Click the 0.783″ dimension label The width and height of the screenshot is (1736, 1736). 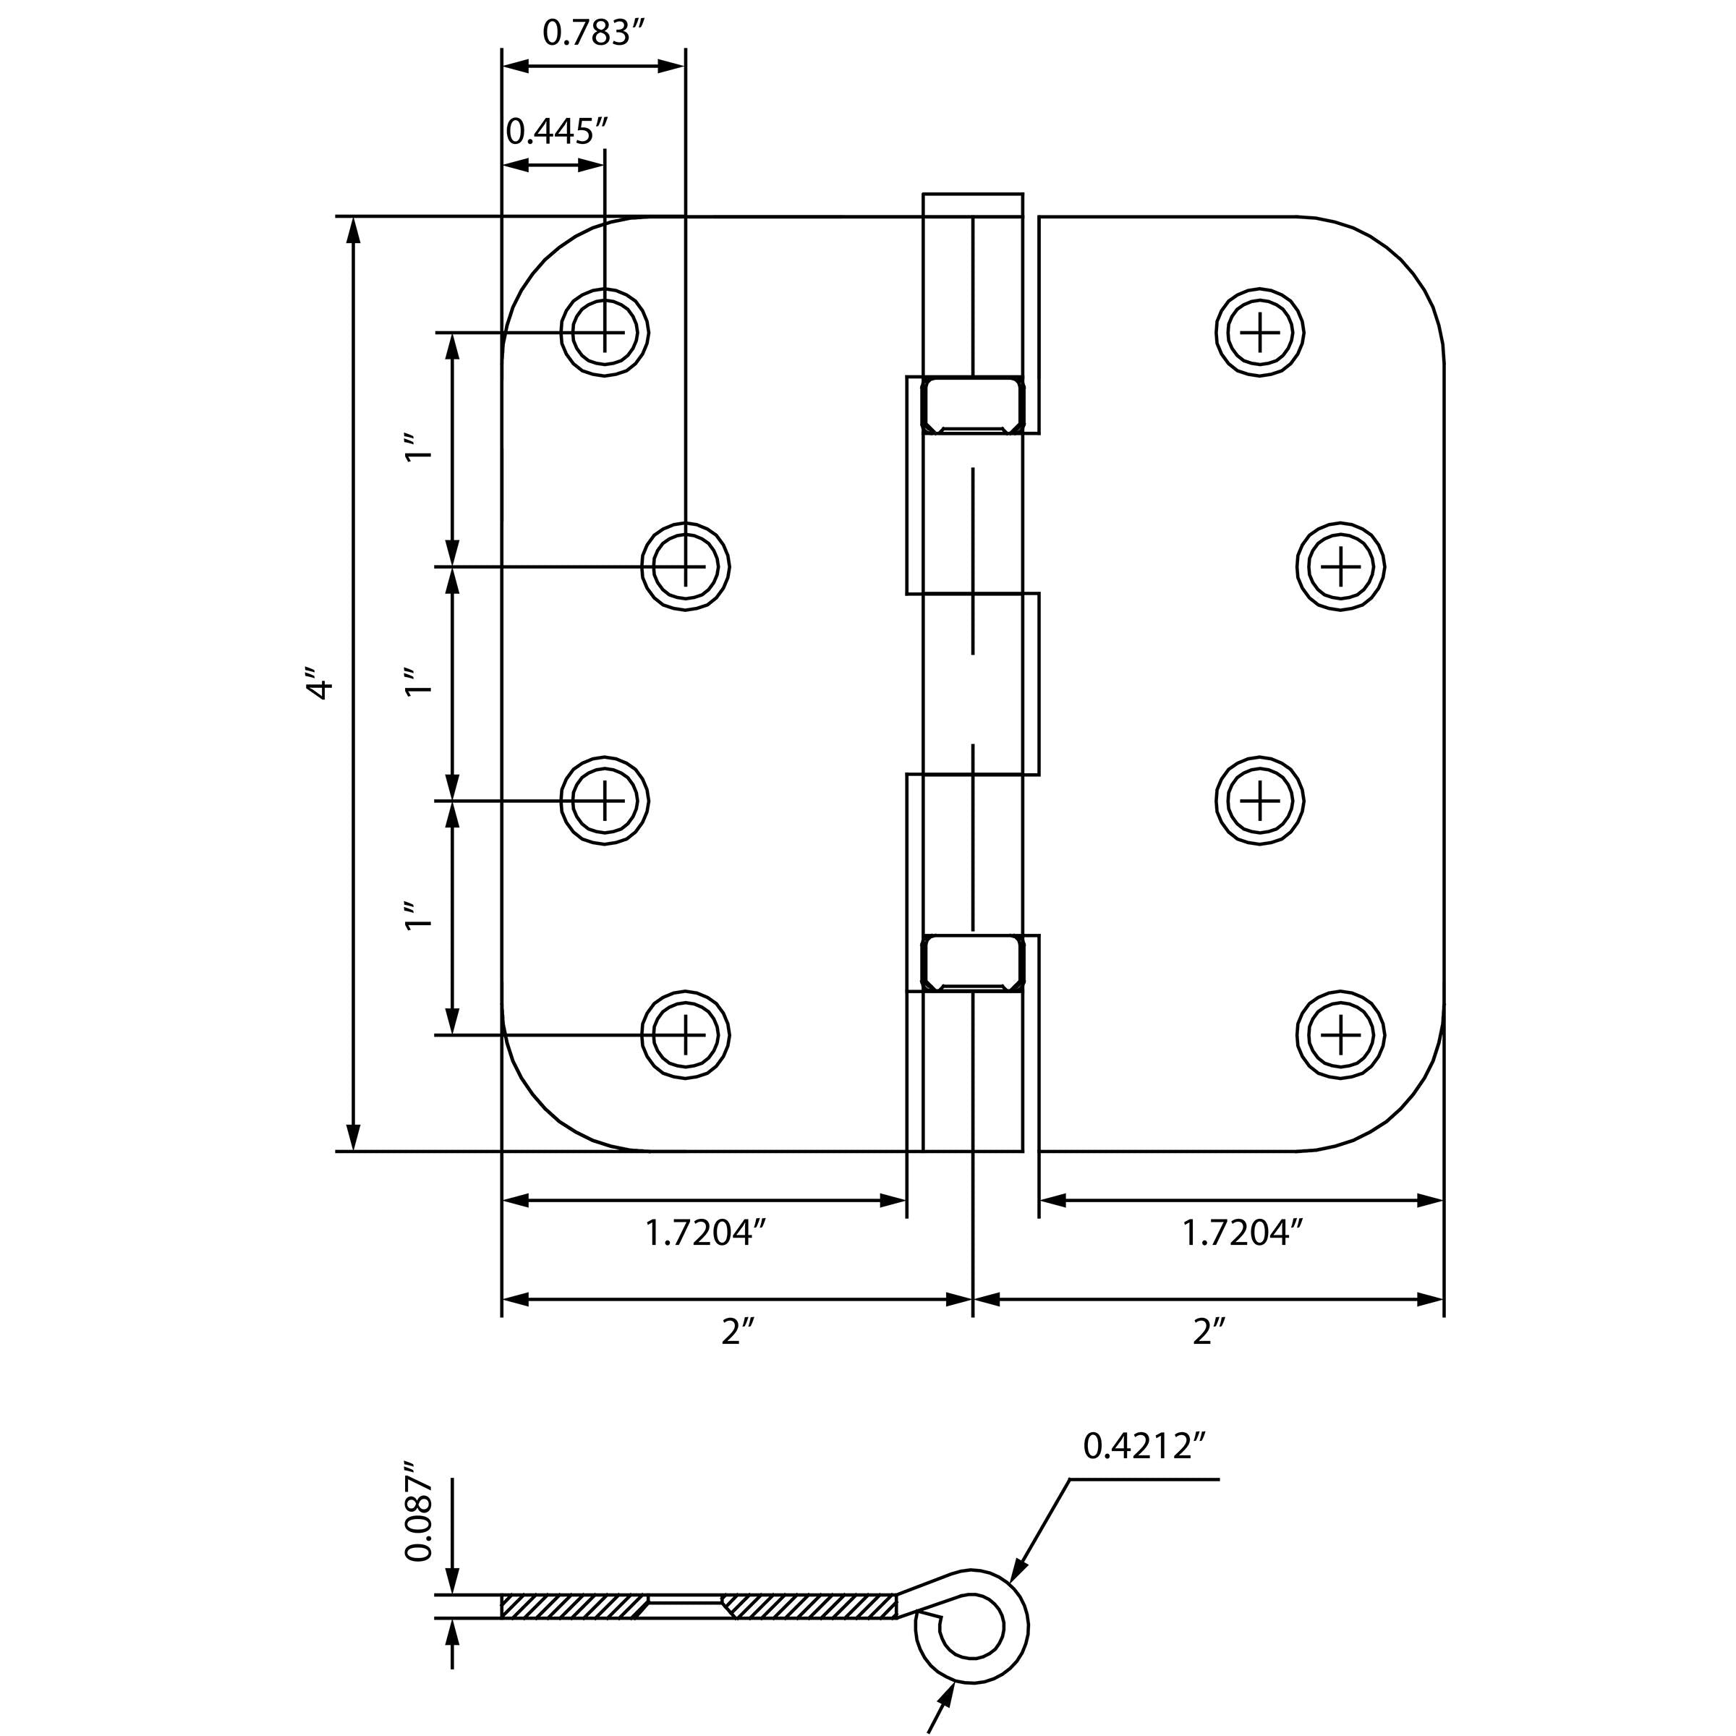pos(594,33)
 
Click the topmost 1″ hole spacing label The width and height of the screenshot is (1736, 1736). pos(419,448)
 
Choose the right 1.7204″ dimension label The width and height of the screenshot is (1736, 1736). pos(1242,1233)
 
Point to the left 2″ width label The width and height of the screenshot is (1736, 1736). pos(736,1332)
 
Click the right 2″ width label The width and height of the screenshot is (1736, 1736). pos(1209,1332)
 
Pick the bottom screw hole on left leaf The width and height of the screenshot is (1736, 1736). pos(685,1035)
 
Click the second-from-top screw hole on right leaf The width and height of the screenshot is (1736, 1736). pos(1340,566)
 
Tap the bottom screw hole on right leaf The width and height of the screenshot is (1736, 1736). pos(1340,1035)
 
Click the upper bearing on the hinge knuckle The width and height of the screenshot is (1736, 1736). pos(972,405)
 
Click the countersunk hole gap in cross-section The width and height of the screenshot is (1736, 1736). pos(685,1607)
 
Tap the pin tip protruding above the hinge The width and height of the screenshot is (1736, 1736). pos(972,205)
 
